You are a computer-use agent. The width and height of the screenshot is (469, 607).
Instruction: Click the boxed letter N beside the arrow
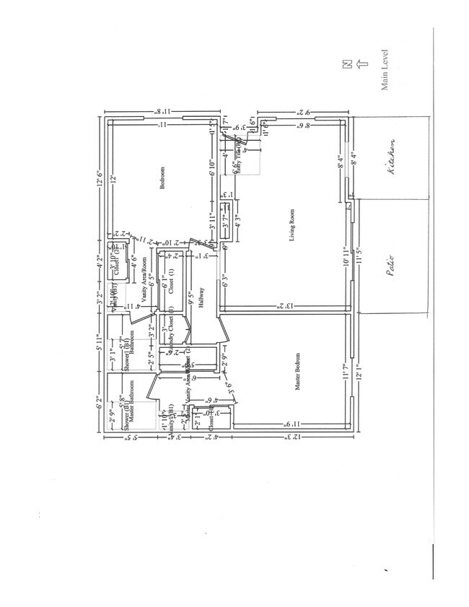click(x=346, y=66)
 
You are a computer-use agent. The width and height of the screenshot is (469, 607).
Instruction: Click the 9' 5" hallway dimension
click(x=190, y=298)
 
